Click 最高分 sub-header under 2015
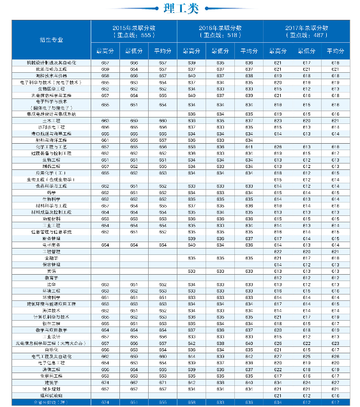coord(105,50)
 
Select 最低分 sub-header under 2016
coord(220,50)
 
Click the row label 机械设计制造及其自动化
coord(51,63)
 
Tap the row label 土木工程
coord(51,120)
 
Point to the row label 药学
coord(51,192)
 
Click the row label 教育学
coord(51,277)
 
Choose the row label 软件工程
coord(51,323)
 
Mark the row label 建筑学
coord(51,382)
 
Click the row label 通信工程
coord(51,369)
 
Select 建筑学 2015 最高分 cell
coord(105,382)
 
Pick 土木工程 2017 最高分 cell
coord(278,120)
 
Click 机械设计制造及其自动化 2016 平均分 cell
coord(249,63)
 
